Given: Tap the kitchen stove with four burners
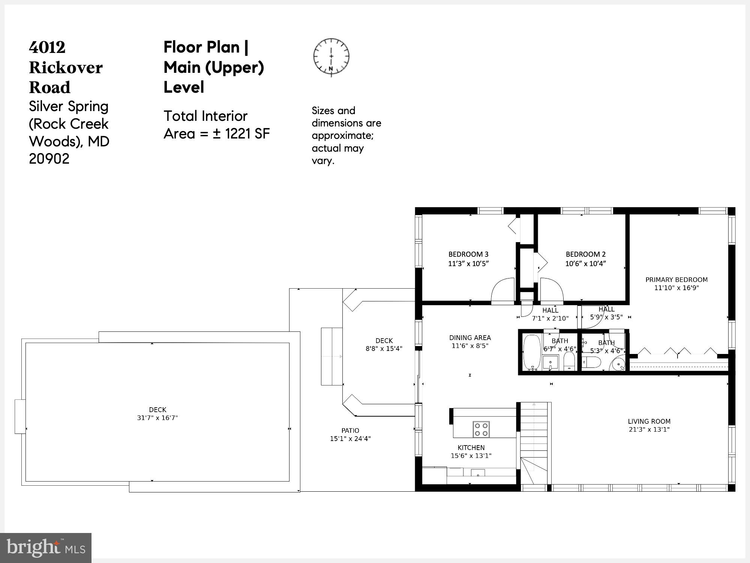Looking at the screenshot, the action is click(x=481, y=429).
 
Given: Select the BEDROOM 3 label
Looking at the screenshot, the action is click(x=468, y=254).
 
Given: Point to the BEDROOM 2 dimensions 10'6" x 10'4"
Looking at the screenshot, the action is click(x=586, y=263).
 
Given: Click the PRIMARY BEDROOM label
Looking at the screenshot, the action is click(x=676, y=280).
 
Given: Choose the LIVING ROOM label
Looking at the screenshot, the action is click(x=649, y=421).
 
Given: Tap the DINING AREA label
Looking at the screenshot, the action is click(x=470, y=338).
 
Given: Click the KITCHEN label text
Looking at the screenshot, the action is click(x=471, y=448).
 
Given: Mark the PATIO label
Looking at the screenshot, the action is click(x=350, y=431).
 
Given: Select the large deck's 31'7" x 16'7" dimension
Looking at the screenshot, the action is click(x=157, y=418).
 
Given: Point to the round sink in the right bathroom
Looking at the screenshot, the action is click(x=617, y=364).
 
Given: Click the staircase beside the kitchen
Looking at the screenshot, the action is click(x=534, y=443).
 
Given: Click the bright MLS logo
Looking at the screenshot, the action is click(x=46, y=548).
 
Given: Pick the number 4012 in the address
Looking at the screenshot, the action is click(x=47, y=47).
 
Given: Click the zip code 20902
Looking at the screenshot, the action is click(x=49, y=159).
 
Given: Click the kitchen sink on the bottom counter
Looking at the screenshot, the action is click(x=478, y=473).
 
